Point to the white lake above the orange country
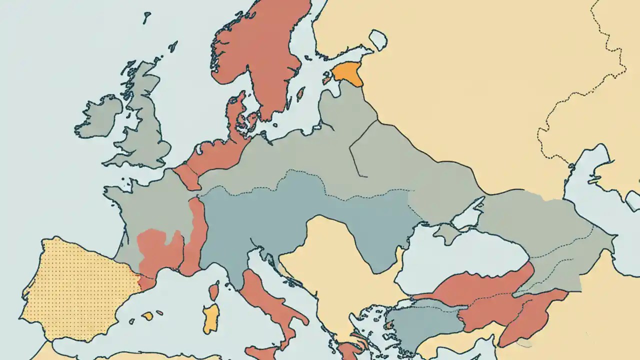377,39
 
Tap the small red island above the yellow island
214,291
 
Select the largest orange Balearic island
147,316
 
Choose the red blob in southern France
160,250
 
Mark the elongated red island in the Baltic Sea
301,94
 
